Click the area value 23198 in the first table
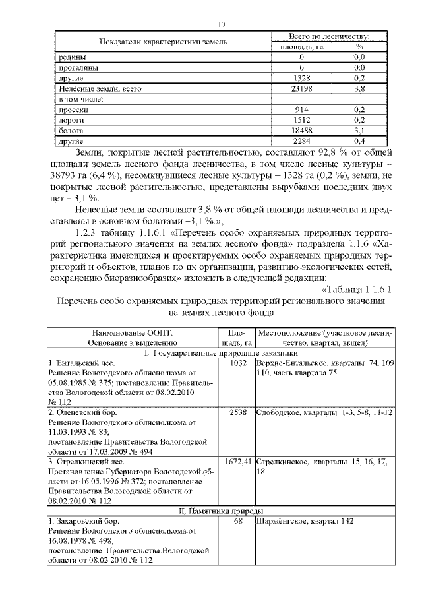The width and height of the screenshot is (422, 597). coord(301,87)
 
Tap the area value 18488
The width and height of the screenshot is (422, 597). coord(301,131)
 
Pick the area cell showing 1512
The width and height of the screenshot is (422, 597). coord(301,120)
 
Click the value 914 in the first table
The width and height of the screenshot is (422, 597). coord(301,110)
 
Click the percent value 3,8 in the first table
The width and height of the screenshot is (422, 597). coord(359,87)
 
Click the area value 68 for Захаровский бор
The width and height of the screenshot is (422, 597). coord(237,521)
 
